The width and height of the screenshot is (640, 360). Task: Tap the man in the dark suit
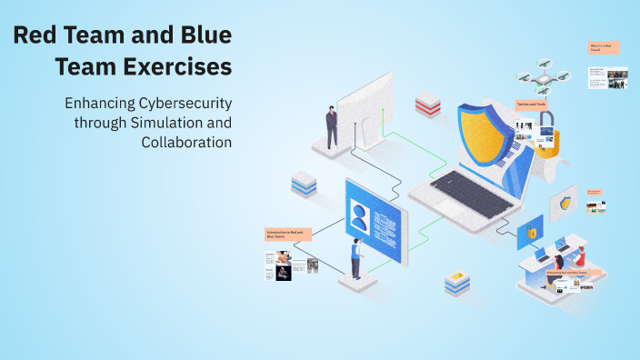[x=332, y=126]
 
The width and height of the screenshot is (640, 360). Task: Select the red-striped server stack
[x=427, y=105]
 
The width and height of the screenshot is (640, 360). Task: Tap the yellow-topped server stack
[x=457, y=284]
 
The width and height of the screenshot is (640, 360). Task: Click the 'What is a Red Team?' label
[x=603, y=47]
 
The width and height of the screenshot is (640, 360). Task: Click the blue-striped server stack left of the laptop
[x=304, y=184]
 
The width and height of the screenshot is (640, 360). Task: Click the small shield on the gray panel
[x=567, y=203]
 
